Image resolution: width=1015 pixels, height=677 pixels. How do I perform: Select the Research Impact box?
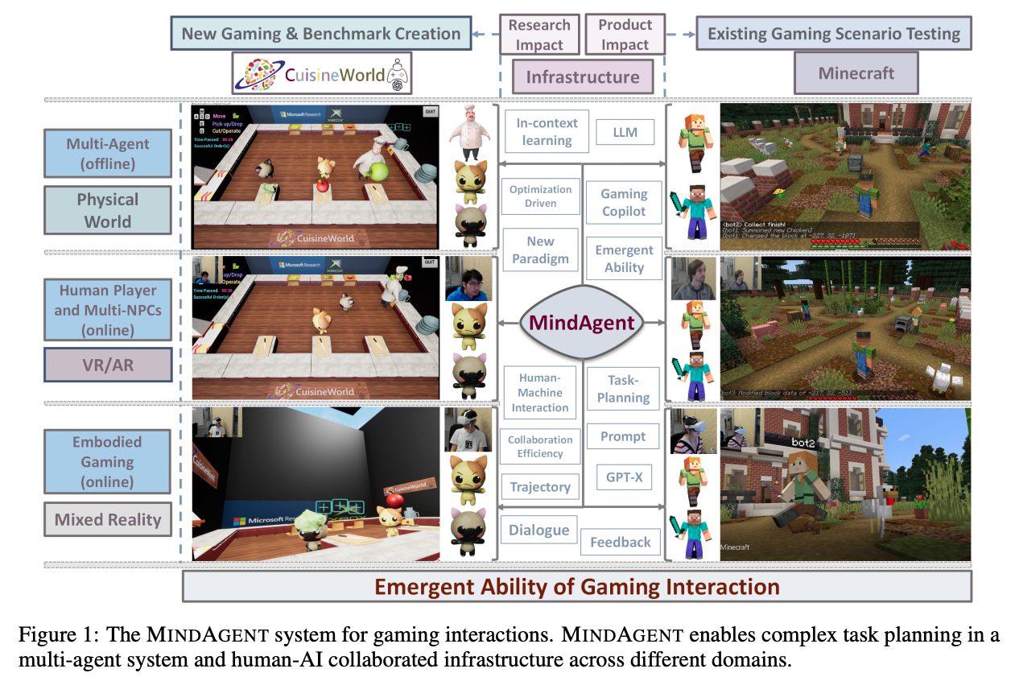point(538,35)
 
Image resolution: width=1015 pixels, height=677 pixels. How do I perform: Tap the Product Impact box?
point(625,35)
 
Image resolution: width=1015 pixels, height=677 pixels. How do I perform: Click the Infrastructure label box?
point(582,77)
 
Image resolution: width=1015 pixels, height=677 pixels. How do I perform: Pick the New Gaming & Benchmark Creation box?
point(320,34)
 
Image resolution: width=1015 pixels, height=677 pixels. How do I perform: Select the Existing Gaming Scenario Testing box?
point(834,34)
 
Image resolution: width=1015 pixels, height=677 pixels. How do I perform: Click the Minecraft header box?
point(856,73)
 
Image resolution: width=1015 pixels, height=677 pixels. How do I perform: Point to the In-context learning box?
point(547,131)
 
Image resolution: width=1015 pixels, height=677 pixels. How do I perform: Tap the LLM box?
point(625,132)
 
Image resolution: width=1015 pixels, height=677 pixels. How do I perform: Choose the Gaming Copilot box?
point(624,202)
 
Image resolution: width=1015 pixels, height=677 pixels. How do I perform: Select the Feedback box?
point(620,542)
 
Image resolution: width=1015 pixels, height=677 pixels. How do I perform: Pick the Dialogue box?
point(538,530)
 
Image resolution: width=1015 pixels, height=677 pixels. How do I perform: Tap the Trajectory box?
point(539,486)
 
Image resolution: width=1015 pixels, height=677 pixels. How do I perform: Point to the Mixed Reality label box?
point(108,519)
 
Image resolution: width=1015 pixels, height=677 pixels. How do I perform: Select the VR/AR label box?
point(108,364)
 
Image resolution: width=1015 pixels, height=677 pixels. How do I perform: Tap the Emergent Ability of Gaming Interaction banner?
point(577,586)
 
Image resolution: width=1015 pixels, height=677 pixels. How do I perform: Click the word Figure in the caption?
point(47,635)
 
